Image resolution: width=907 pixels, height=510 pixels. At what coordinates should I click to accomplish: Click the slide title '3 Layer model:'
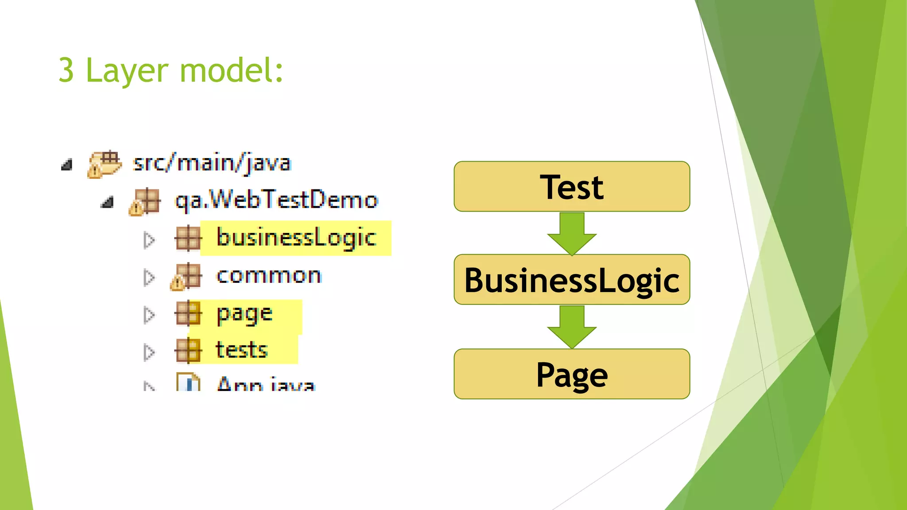coord(171,71)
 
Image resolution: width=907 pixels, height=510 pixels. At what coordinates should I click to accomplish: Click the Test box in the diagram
coord(571,187)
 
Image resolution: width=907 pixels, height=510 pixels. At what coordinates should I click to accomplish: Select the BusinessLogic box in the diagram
coord(571,280)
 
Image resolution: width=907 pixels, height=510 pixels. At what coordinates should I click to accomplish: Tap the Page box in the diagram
coord(571,375)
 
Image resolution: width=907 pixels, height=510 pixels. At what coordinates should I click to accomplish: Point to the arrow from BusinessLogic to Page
coord(572,327)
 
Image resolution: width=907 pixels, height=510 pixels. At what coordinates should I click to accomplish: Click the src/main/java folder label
coord(212,163)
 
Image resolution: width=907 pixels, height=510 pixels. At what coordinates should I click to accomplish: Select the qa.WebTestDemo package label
coord(276,200)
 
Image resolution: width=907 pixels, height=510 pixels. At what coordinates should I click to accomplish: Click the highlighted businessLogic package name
coord(296,238)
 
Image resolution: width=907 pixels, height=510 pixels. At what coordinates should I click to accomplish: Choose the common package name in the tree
coord(269,276)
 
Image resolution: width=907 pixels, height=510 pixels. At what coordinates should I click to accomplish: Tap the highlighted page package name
coord(244,314)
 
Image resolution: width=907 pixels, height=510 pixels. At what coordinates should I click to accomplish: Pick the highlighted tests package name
coord(241,350)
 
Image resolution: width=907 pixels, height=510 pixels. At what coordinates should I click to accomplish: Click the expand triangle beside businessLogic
coord(149,240)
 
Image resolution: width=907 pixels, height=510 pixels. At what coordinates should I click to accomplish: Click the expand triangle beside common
coord(149,277)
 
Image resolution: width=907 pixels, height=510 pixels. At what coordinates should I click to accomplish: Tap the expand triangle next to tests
coord(149,352)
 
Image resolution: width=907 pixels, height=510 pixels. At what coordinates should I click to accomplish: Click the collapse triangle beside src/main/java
coord(67,165)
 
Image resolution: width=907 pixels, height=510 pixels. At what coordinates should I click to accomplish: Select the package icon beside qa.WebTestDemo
coord(145,202)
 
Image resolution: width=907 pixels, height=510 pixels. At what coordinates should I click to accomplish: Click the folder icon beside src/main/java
coord(105,164)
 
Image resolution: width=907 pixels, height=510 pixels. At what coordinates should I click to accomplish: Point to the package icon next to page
coord(188,313)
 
